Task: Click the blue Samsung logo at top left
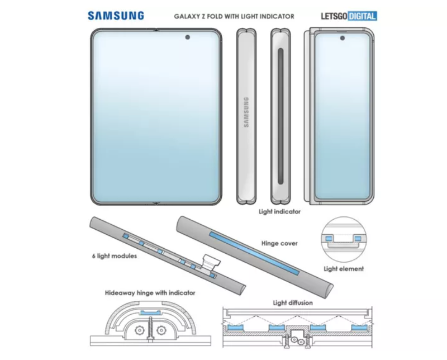click(116, 16)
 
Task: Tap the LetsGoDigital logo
click(349, 16)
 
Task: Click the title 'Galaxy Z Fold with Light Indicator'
click(234, 17)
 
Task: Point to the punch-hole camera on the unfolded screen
click(188, 37)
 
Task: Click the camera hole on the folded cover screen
click(342, 38)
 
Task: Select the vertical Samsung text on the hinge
click(246, 112)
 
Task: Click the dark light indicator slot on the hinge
click(280, 116)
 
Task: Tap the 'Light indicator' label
click(279, 212)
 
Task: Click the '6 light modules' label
click(115, 256)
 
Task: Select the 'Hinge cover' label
click(279, 243)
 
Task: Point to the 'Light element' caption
click(344, 269)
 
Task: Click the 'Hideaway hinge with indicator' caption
click(150, 293)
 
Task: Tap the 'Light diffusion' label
click(293, 302)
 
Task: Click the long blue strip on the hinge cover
click(255, 254)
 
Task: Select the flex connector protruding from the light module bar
click(211, 262)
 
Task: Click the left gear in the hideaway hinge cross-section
click(139, 330)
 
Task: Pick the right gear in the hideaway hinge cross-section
click(161, 330)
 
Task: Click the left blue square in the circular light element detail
click(329, 238)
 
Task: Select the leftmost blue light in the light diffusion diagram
click(235, 328)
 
